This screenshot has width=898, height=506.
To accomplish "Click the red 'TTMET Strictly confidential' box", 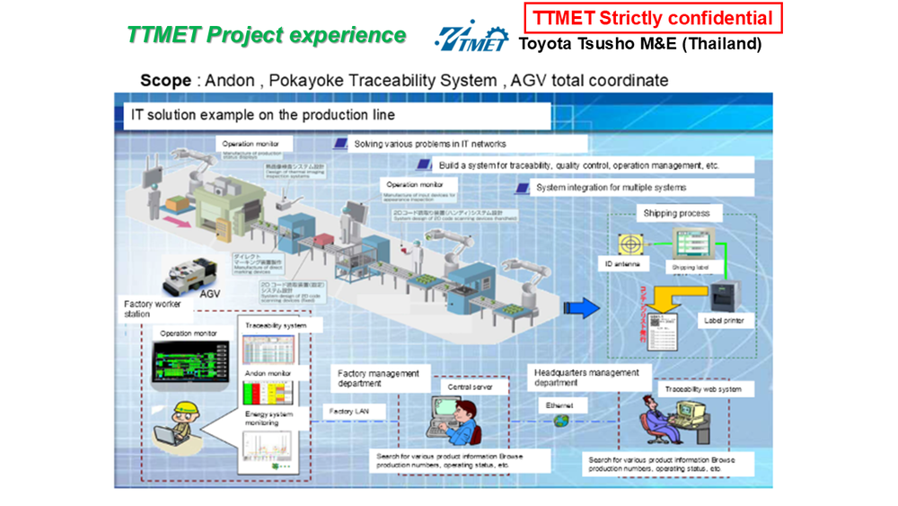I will [654, 18].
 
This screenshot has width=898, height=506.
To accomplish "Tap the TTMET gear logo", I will [471, 37].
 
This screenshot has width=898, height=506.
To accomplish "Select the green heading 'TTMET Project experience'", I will [266, 35].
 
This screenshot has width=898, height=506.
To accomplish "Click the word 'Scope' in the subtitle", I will [165, 80].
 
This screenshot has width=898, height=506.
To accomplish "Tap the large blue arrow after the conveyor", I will [582, 308].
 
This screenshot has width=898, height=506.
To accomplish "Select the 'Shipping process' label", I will [676, 213].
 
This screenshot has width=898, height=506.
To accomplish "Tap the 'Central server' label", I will [471, 387].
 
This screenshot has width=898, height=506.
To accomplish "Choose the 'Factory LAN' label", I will [349, 412].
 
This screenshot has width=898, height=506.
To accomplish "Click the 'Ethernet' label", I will [559, 406].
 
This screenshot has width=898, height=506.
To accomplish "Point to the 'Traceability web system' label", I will [703, 389].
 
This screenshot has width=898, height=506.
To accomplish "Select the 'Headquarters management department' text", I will [586, 377].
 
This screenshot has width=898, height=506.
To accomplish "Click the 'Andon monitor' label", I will [268, 372].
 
